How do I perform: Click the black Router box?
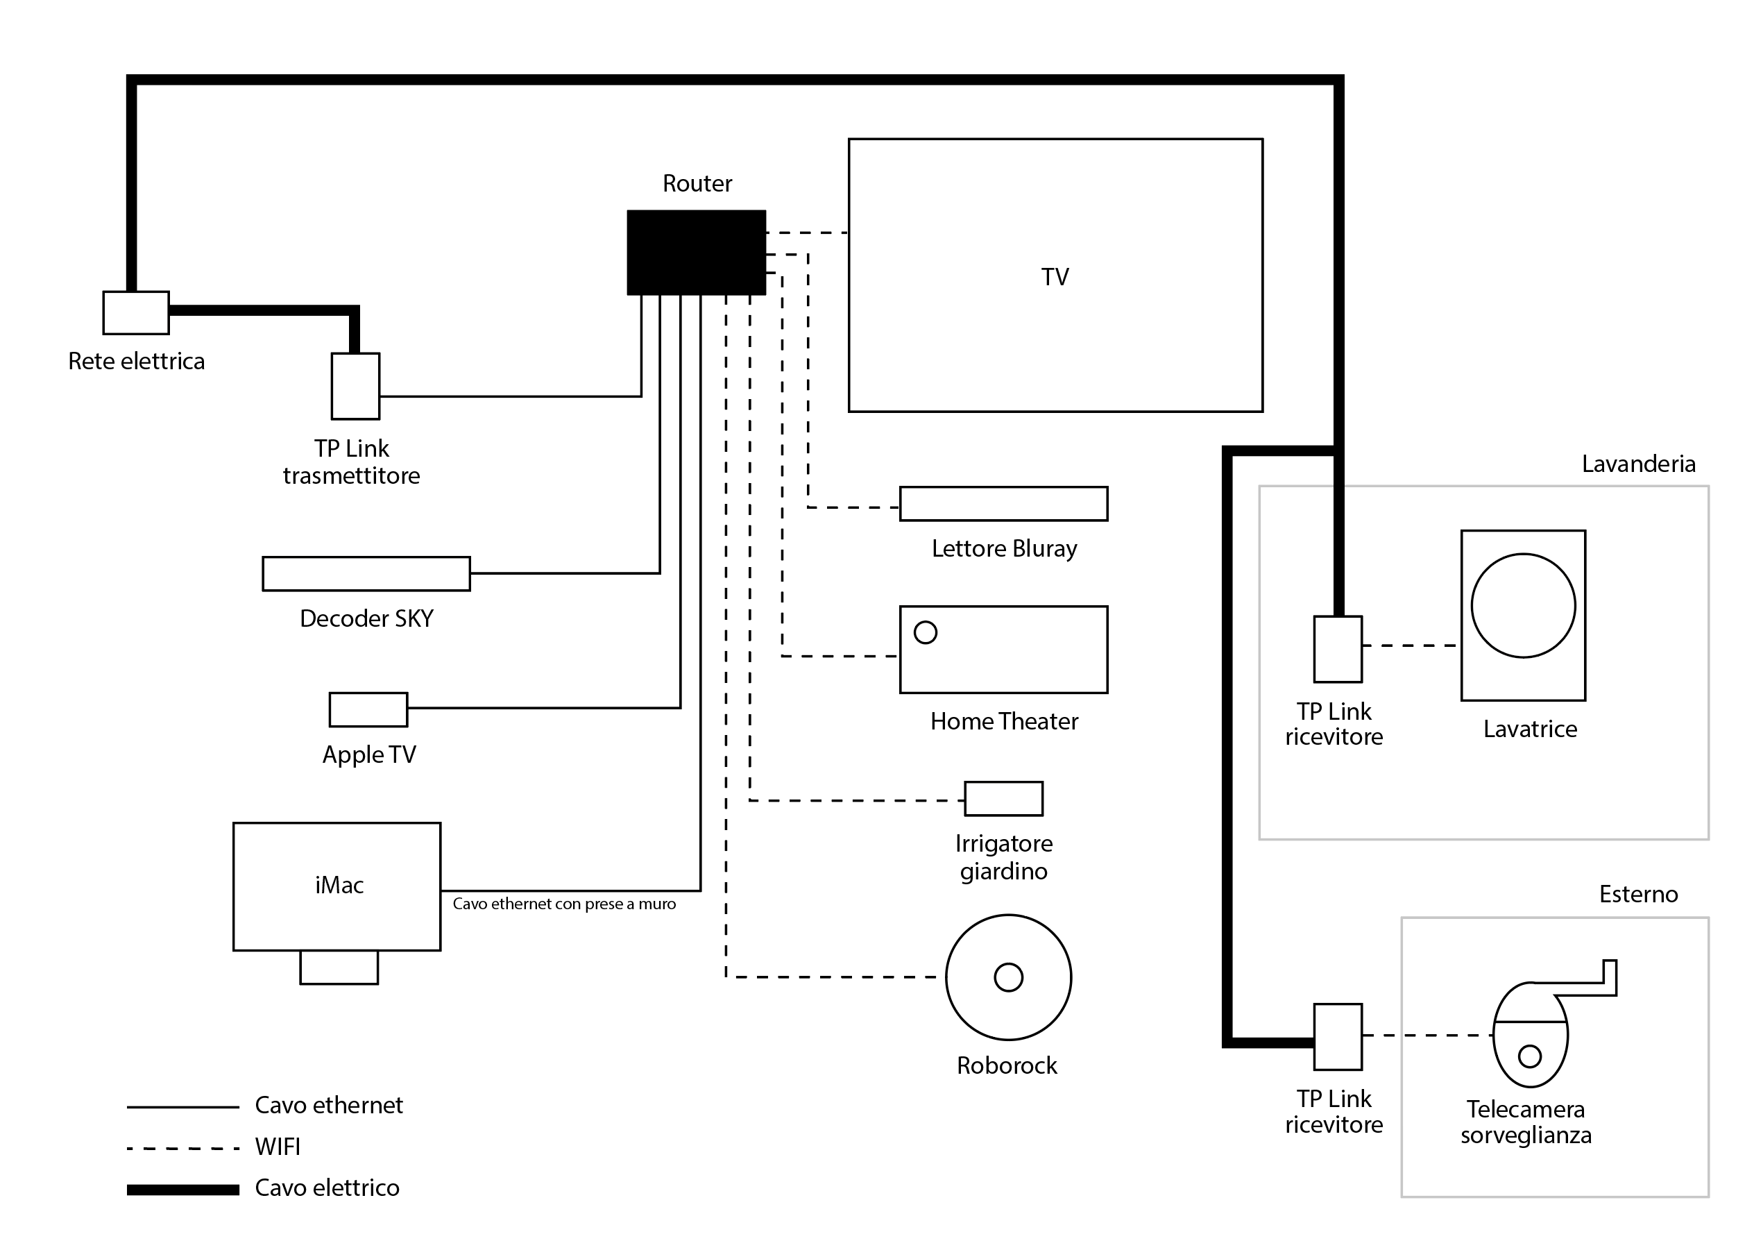pos(696,252)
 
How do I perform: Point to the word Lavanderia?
pos(1638,464)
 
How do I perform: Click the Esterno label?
pos(1638,894)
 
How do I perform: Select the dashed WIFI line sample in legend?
pos(183,1148)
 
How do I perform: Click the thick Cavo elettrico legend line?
pos(183,1189)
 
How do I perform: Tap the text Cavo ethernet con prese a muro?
pos(564,904)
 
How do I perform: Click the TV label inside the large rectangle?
pos(1055,277)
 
